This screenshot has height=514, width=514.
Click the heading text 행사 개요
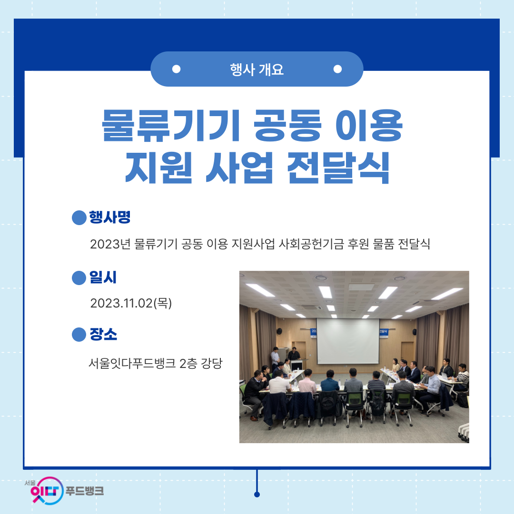coord(257,69)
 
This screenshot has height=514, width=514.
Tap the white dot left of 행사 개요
coord(177,69)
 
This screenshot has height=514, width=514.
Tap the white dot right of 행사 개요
coord(337,69)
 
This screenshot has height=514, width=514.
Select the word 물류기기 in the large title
coord(171,125)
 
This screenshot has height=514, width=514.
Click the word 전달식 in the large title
coord(338,168)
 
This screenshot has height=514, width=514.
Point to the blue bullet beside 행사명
coord(79,217)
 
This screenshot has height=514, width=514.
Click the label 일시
coord(103,277)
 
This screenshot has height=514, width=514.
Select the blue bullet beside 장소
coord(79,335)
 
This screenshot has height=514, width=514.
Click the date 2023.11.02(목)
coord(131,303)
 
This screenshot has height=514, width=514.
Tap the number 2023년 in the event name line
coord(110,244)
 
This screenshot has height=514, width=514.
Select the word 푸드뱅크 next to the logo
coord(85,491)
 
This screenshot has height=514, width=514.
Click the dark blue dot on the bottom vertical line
coord(257,494)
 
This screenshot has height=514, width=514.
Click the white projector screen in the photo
coord(348,341)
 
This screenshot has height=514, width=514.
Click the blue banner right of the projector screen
coord(384,332)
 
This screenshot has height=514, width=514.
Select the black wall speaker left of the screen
coord(279,331)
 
